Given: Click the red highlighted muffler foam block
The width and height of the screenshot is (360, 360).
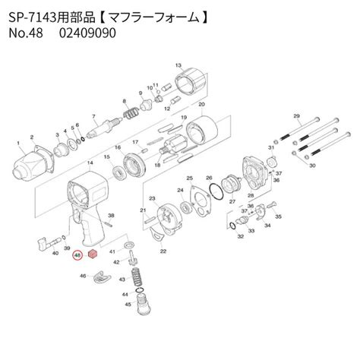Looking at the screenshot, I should coord(92,254).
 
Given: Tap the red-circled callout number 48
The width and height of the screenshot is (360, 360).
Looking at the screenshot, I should coord(77,257).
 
